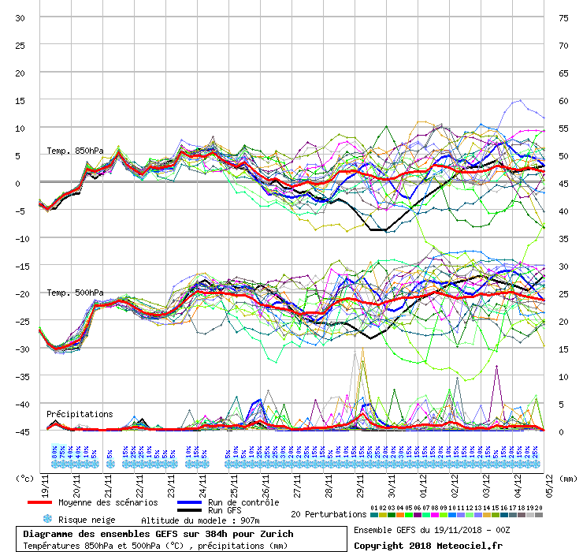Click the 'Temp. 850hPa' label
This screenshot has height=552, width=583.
click(x=75, y=151)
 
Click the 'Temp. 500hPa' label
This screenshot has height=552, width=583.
click(x=75, y=293)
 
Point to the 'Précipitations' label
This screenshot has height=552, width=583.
click(x=80, y=414)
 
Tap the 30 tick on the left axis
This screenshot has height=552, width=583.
click(x=20, y=17)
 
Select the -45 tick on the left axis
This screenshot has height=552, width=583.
click(x=20, y=431)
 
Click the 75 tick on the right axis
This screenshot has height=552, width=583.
click(x=563, y=17)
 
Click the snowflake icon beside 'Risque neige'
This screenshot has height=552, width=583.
click(x=47, y=519)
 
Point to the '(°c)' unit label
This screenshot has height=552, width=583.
click(x=26, y=478)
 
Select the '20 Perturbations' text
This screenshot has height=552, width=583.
click(x=329, y=514)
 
